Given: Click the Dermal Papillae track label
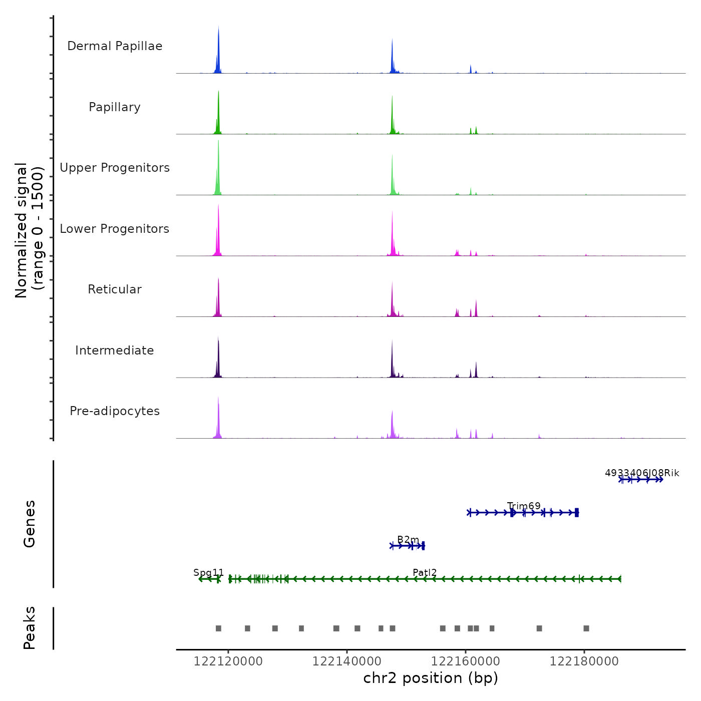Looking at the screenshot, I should pos(115,46).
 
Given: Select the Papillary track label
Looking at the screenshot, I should pos(115,107).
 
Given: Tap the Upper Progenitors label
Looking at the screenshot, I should pos(115,168).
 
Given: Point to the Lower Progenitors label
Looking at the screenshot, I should pos(115,229).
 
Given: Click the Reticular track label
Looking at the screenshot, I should pos(115,289).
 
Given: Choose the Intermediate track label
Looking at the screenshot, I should pos(115,350).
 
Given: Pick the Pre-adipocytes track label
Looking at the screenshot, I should pos(115,411).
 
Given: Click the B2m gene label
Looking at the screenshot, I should pos(408,539).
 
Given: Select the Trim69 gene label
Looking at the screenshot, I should pos(524,506).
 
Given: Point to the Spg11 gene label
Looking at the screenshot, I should pos(209,572).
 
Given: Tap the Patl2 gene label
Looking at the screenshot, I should pos(425,572).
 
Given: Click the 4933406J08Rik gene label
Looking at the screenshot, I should pos(642,473).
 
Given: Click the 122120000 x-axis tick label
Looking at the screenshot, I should pos(228,661).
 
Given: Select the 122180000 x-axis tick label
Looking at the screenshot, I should pos(584,661).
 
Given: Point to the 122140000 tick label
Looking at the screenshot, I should pos(346,661).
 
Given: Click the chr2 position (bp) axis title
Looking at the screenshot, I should pos(431,678).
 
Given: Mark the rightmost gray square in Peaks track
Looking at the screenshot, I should pos(586,628).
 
